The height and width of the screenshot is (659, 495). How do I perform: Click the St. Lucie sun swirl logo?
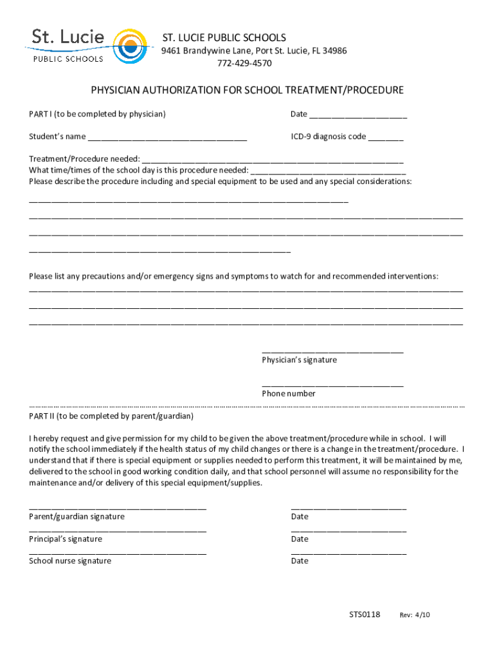point(130,46)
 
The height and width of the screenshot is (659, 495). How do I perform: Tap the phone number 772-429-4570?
point(244,63)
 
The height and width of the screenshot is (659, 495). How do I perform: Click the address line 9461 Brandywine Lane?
point(254,51)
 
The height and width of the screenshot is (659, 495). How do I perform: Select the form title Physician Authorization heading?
point(247,90)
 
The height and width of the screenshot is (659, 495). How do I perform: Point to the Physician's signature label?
point(299,360)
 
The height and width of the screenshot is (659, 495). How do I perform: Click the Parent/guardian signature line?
point(118,508)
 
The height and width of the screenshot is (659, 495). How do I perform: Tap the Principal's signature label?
point(65,539)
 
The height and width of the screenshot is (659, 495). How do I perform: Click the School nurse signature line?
point(118,553)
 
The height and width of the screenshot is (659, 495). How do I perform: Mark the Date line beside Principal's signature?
point(348,531)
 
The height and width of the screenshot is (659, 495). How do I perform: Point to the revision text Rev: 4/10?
point(415,615)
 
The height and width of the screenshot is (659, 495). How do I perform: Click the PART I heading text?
point(97,114)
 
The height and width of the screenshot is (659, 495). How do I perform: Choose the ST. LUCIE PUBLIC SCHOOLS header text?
point(224,37)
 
